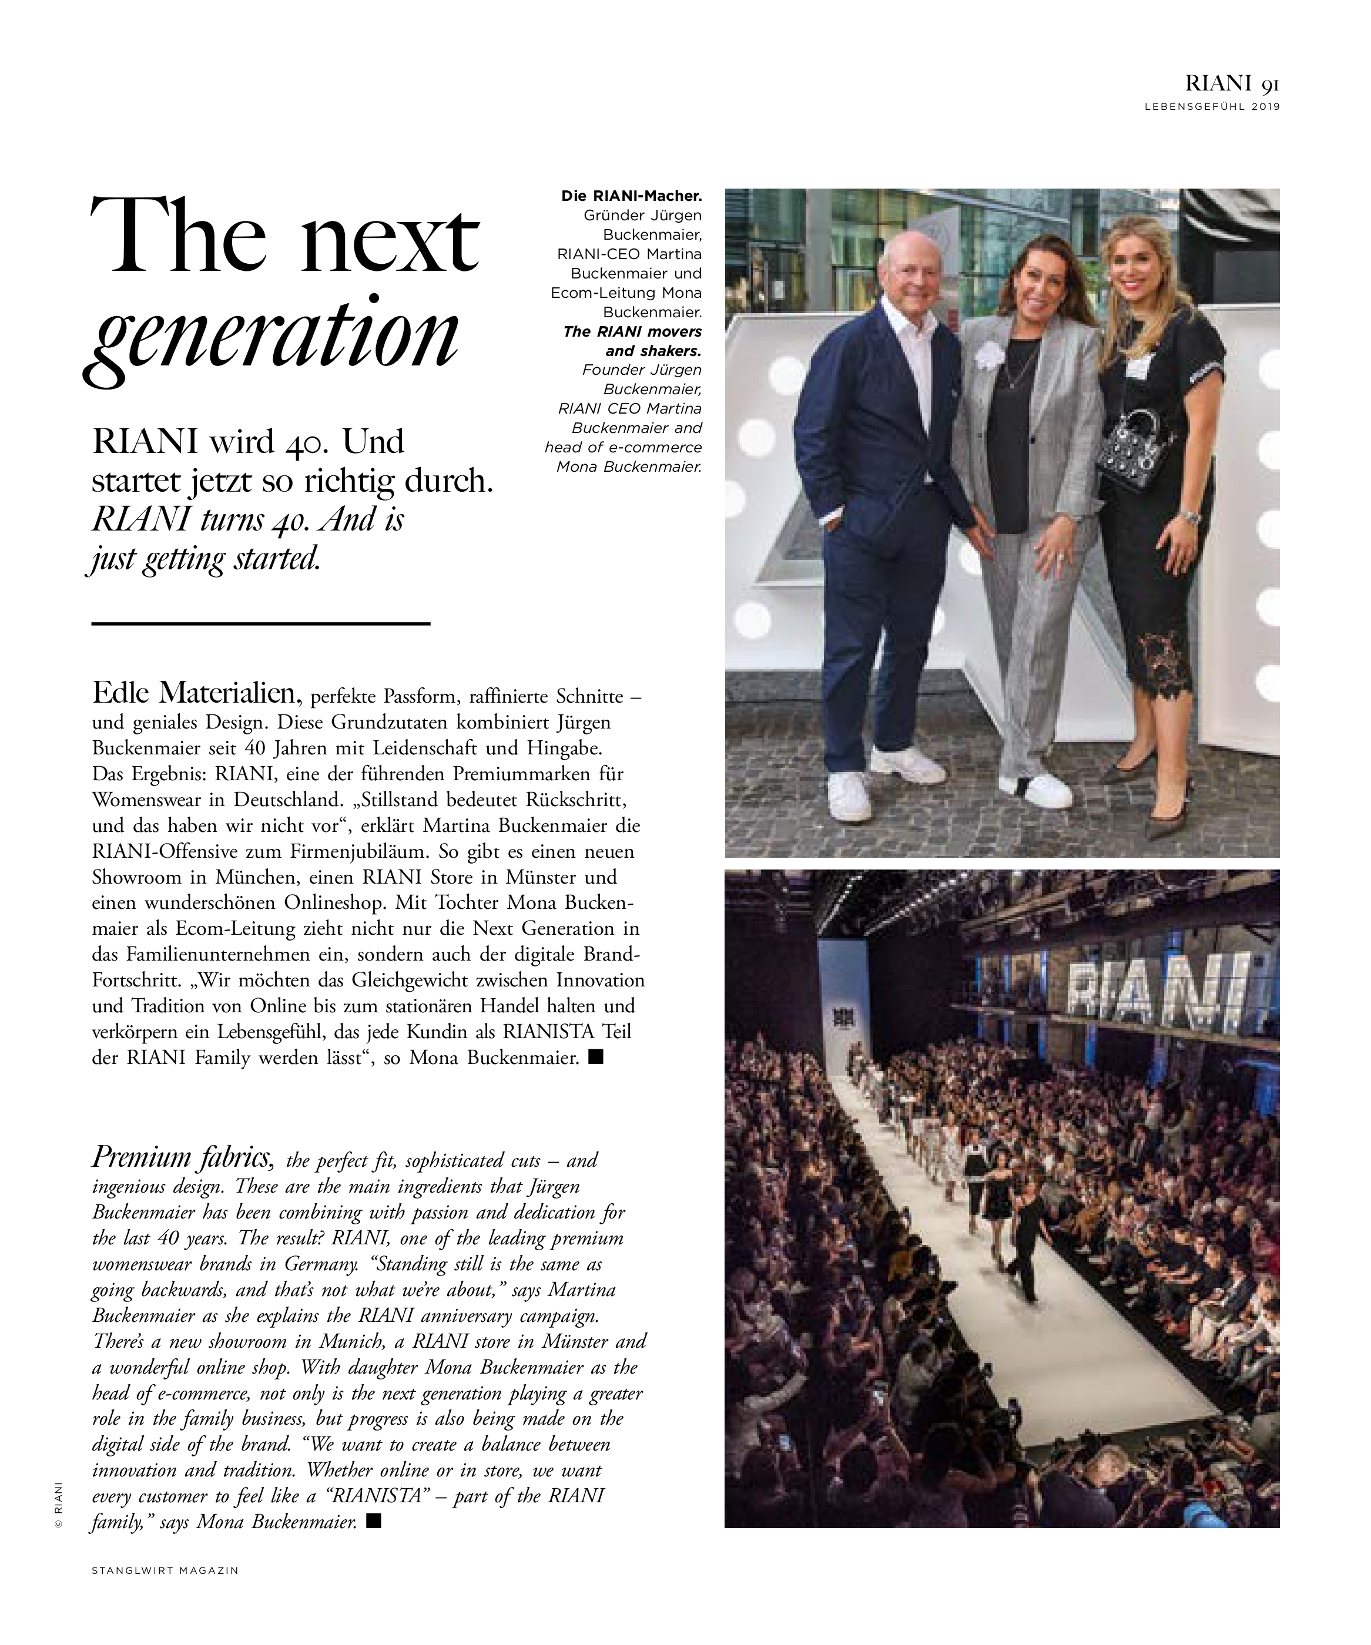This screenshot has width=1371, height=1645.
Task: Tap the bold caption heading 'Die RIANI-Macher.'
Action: click(631, 196)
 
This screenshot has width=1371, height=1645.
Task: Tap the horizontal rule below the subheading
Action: click(261, 623)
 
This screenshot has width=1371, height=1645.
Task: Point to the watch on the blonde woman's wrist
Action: click(1190, 518)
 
